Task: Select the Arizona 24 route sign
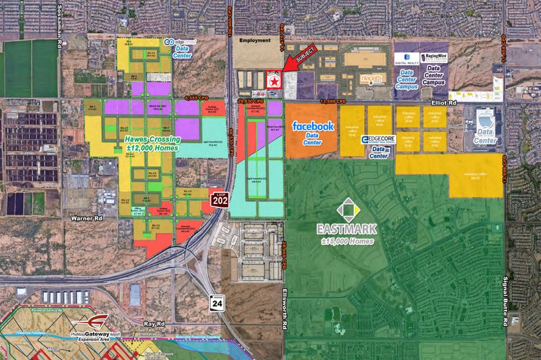(215, 304)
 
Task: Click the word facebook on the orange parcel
(313, 126)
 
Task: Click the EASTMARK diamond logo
(347, 210)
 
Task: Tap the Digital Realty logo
(407, 58)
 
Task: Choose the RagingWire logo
(434, 58)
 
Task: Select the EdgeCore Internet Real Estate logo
(379, 140)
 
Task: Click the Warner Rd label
(87, 217)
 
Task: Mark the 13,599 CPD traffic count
(333, 100)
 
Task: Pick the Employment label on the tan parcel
(255, 40)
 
